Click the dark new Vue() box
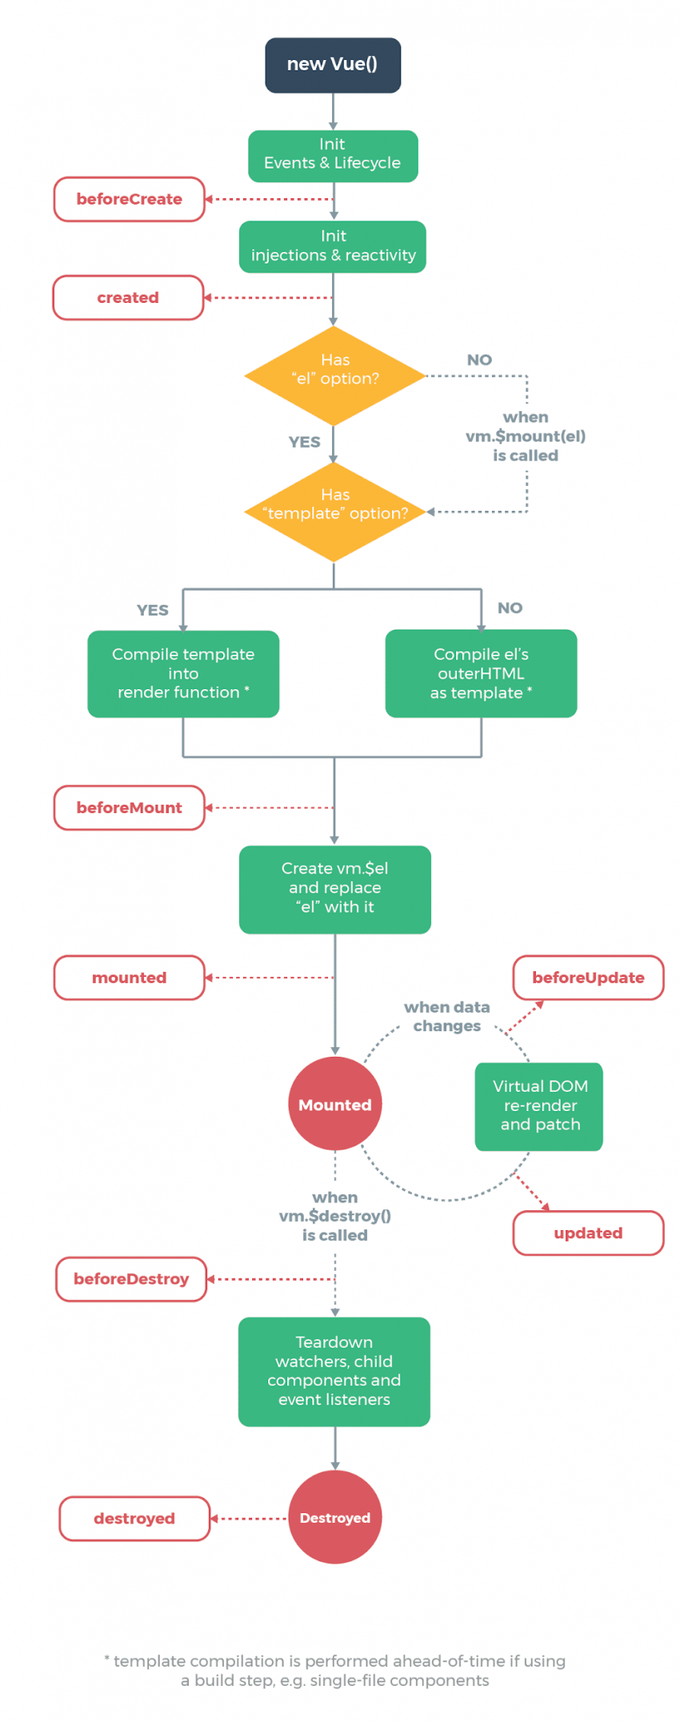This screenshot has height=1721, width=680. (333, 65)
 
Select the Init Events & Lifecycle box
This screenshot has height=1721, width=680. (333, 156)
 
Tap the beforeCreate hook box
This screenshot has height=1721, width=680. (129, 199)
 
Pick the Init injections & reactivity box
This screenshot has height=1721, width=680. (333, 246)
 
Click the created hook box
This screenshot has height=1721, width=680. (128, 297)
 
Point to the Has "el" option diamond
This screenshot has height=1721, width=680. (334, 376)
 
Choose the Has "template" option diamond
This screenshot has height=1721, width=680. (334, 512)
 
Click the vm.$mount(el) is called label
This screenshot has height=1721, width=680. (526, 436)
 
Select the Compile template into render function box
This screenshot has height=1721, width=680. (183, 674)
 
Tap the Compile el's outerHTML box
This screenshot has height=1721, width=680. (481, 674)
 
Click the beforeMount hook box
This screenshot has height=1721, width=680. (129, 807)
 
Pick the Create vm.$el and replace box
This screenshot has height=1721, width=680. (334, 889)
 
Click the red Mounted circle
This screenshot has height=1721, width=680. (334, 1104)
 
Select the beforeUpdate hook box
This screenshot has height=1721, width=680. (588, 977)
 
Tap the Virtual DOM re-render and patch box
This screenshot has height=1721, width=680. (539, 1106)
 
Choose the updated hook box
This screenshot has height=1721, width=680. (588, 1233)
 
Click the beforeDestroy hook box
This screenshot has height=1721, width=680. (131, 1279)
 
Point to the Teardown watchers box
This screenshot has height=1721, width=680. (334, 1371)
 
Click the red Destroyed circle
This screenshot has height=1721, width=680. (334, 1517)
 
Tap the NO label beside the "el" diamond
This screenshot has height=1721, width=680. (479, 360)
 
